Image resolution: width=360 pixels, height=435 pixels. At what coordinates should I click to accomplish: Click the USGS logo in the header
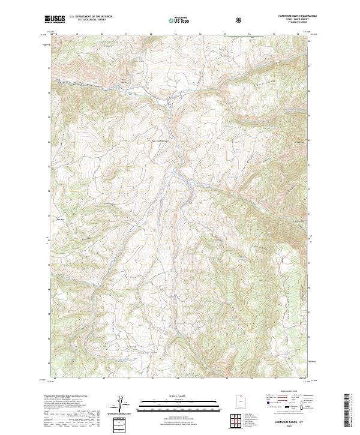click(55, 20)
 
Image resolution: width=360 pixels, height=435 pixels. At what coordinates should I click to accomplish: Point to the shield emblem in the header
click(240, 20)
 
